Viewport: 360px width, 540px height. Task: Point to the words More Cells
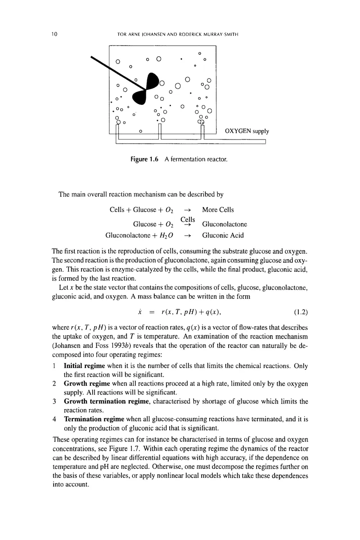tap(218, 210)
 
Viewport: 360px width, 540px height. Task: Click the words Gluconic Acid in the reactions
tap(223, 235)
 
